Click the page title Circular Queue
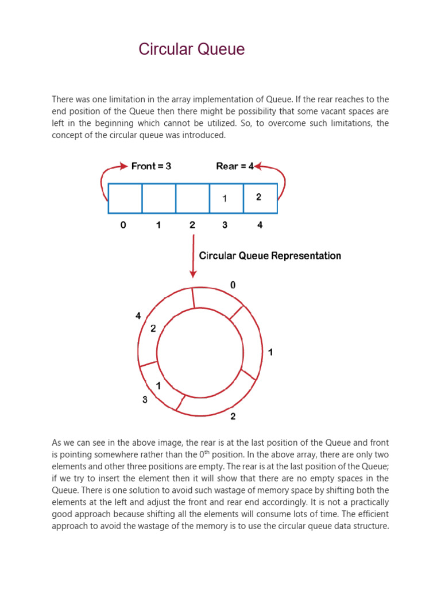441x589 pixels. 191,50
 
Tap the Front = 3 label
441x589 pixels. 151,166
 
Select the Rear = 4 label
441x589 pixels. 235,166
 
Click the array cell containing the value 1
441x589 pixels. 226,198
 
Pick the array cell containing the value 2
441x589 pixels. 260,198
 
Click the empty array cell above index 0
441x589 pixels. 125,198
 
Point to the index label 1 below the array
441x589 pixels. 158,225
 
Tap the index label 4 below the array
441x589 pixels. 260,225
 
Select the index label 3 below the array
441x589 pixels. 225,225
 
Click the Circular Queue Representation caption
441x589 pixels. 270,256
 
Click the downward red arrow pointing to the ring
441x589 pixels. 193,256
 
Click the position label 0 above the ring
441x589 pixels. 233,285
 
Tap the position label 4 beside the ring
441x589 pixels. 138,316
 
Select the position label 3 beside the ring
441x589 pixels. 145,400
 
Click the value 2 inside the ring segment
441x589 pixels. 153,329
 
